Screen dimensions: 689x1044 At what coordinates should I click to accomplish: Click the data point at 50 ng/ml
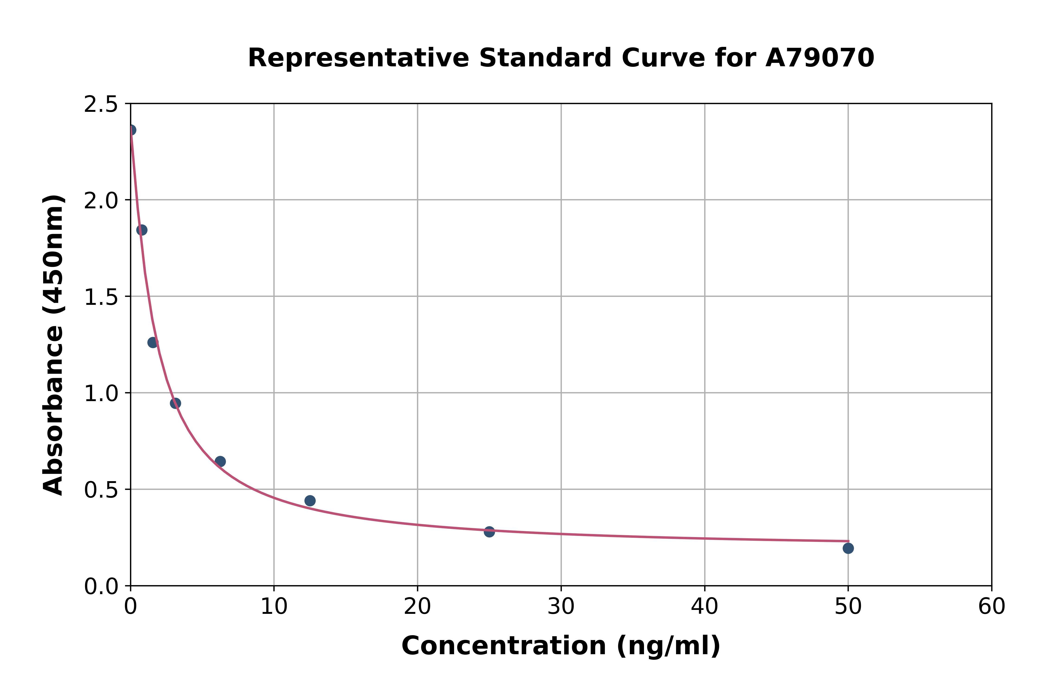[x=848, y=548]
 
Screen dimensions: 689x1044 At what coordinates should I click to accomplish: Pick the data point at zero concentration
[x=131, y=130]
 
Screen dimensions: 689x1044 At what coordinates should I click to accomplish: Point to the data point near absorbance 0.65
[x=220, y=461]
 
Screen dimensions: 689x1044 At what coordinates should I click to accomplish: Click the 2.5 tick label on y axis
[x=101, y=105]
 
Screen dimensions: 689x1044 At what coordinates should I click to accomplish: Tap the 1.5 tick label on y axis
[x=101, y=297]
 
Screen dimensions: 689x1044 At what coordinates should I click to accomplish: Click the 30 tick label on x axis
[x=561, y=607]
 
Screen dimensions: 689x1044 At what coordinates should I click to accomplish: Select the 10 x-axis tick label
[x=274, y=607]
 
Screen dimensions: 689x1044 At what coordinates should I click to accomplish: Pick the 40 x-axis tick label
[x=704, y=607]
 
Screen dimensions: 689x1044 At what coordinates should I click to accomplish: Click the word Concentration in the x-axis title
[x=503, y=646]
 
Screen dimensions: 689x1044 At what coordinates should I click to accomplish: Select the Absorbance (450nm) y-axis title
[x=54, y=345]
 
